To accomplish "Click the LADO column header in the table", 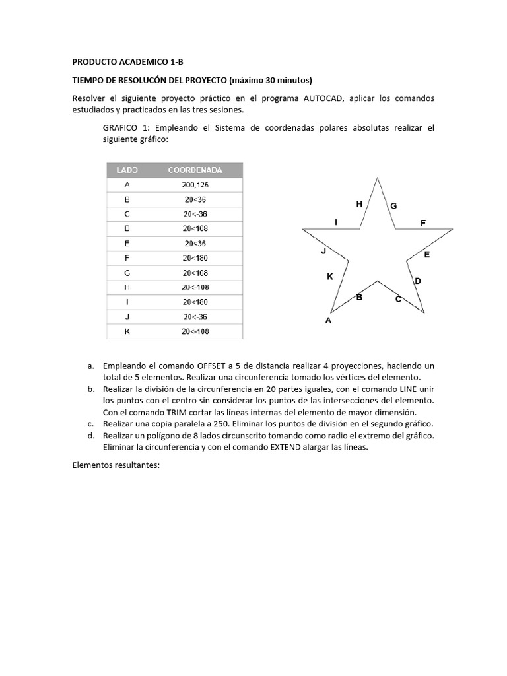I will coord(127,170).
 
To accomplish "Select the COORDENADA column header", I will coord(195,170).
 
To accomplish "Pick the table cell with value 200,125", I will coord(195,185).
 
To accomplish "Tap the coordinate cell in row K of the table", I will coord(195,331).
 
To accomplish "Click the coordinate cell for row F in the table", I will coord(195,258).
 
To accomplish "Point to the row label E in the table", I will coord(127,244).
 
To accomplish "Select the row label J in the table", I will coord(127,317).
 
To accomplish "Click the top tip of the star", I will coord(377,178).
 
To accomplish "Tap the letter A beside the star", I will coord(328,321).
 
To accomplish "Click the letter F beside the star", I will coord(423,224).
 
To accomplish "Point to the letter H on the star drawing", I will coord(359,205).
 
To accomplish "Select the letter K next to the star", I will coord(330,277).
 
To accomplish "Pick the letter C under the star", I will coord(398,299).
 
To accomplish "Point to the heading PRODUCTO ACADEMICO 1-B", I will coord(127,62).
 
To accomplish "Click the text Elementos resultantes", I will coord(116,465).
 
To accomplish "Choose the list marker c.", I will coord(90,424).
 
